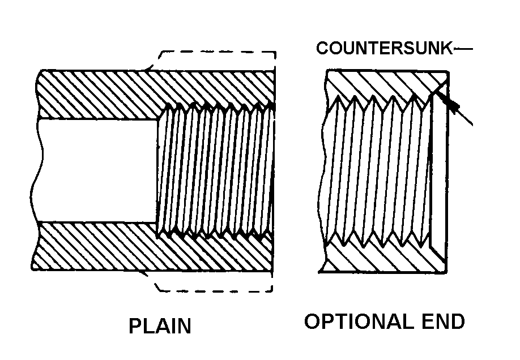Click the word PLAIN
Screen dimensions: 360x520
(160, 327)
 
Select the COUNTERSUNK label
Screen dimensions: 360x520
(385, 49)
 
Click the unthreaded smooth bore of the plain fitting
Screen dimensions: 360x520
(96, 170)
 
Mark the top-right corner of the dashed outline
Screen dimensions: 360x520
(275, 53)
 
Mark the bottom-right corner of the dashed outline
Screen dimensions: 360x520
(273, 292)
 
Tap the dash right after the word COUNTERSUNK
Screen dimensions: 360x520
(463, 49)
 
